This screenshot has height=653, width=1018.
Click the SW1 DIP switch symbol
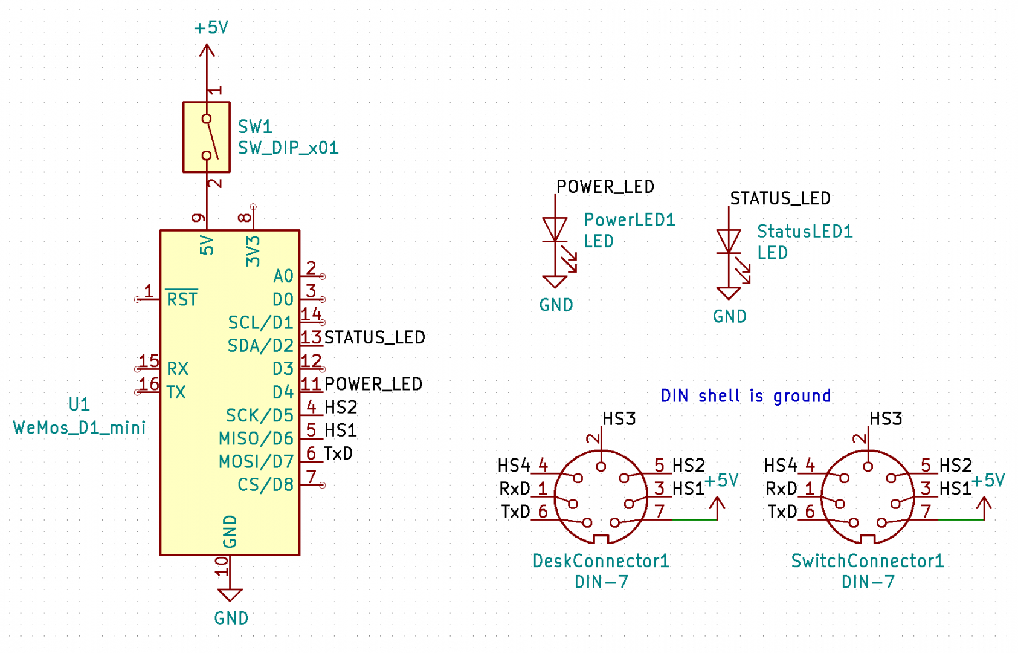[207, 137]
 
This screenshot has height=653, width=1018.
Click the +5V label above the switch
[211, 28]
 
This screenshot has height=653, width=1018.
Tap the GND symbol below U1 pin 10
[230, 595]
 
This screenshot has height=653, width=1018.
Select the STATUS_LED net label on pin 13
[375, 337]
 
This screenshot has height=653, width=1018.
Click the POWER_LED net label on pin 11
[373, 384]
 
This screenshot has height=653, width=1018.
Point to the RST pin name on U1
[182, 299]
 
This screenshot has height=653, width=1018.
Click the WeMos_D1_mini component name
[80, 427]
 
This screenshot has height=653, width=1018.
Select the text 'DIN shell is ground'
[746, 396]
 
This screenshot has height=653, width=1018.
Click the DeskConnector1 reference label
[601, 561]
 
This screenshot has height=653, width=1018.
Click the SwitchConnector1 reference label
[868, 561]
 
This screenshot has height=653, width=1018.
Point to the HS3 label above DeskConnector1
[619, 418]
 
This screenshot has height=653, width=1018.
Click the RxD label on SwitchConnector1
[781, 489]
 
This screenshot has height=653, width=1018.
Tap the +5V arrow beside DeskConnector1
[717, 507]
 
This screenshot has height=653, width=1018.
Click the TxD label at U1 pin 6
[338, 453]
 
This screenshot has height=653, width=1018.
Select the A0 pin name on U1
[283, 276]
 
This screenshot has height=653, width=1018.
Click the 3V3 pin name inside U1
[253, 252]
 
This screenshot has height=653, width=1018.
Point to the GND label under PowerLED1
[556, 305]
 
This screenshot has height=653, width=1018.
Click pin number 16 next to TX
[149, 385]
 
